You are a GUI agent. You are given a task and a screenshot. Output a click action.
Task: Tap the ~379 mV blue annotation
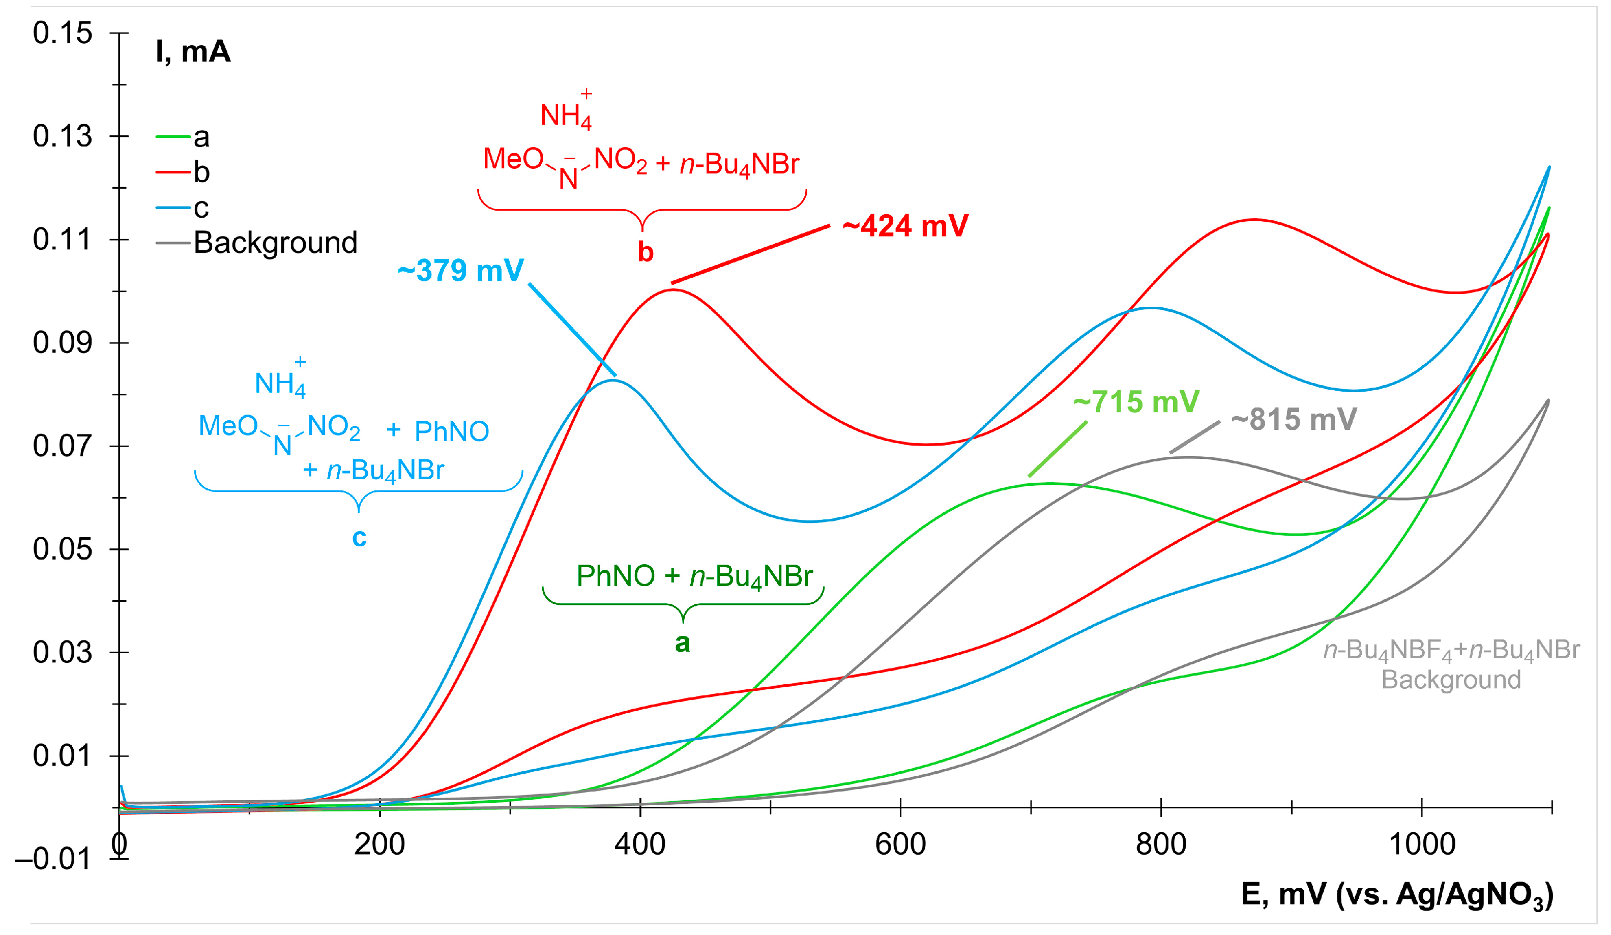coord(461,270)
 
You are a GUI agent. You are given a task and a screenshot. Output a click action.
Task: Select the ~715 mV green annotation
coord(1136,402)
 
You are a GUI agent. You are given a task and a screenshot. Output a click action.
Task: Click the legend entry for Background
coord(275,243)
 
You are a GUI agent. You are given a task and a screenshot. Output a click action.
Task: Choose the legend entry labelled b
coord(201,172)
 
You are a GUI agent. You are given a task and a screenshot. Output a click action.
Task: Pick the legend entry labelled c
coord(201,208)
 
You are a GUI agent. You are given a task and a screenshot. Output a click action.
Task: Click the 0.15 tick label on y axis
coord(63,33)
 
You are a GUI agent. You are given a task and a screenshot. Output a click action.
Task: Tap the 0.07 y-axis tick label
coord(63,446)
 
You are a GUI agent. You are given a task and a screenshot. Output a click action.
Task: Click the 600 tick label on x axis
coord(900,845)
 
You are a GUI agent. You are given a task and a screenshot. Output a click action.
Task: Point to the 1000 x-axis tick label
coord(1422,845)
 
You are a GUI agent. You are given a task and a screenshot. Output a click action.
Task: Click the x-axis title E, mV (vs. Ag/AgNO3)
coord(1397,895)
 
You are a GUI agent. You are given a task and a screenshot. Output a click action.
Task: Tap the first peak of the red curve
coord(672,290)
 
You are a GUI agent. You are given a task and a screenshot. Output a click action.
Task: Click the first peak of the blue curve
coord(612,381)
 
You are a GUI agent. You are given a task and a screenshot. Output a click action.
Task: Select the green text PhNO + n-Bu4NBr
coord(694,576)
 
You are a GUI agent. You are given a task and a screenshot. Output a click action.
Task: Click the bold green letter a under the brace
coord(683,643)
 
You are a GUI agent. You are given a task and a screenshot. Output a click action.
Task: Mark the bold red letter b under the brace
coord(645,252)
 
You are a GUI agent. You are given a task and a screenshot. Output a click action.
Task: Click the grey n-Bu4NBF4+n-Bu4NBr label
coord(1451,651)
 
